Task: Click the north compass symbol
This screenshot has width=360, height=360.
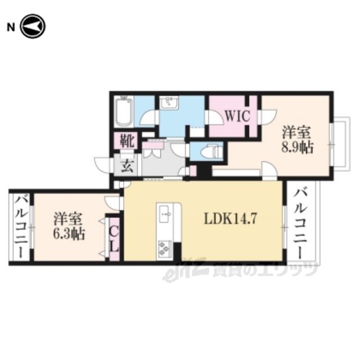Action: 33,26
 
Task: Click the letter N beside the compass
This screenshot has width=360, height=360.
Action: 11,28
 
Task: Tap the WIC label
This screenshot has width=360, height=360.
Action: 237,116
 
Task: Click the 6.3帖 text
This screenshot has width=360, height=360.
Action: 69,234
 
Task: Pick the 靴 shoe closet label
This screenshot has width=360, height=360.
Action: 127,141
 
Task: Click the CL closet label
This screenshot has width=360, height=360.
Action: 114,240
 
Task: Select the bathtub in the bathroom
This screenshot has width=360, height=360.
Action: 124,111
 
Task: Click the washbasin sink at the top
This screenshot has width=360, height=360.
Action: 169,102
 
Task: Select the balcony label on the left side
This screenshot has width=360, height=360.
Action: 21,227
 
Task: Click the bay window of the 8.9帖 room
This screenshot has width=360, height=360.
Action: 340,144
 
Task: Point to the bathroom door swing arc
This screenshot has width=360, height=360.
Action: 148,118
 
